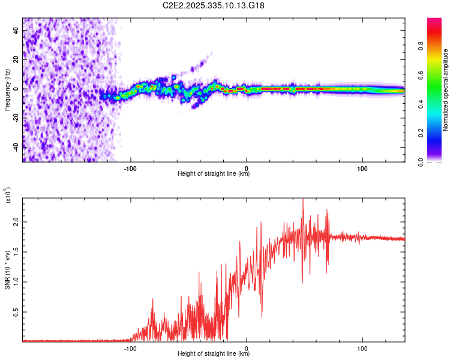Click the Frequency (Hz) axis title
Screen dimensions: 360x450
(x=7, y=89)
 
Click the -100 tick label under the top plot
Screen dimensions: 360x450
(x=131, y=169)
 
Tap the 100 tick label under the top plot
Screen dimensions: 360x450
(x=362, y=169)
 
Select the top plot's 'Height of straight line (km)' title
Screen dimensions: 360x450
(x=214, y=175)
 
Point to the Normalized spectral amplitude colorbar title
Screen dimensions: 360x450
(x=445, y=90)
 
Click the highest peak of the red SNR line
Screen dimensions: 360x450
(x=303, y=200)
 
